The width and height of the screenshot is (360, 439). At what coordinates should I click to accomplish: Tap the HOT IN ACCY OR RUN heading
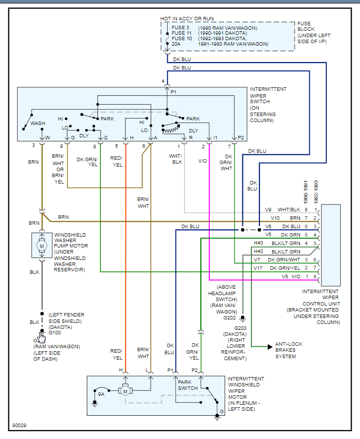click(x=187, y=18)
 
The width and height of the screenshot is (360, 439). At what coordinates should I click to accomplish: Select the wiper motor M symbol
click(x=126, y=391)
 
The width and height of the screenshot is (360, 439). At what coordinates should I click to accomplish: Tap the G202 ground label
click(x=230, y=317)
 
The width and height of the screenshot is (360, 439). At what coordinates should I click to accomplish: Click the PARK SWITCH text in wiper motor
click(x=188, y=385)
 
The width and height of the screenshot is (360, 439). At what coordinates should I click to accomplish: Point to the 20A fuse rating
click(x=176, y=44)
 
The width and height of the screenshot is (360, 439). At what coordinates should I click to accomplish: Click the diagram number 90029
click(x=20, y=426)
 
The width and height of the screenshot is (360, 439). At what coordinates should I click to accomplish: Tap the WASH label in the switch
click(x=38, y=123)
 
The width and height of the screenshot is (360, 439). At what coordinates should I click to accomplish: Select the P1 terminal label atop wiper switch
click(x=174, y=92)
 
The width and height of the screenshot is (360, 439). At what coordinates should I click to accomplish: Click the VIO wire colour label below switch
click(x=202, y=161)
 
